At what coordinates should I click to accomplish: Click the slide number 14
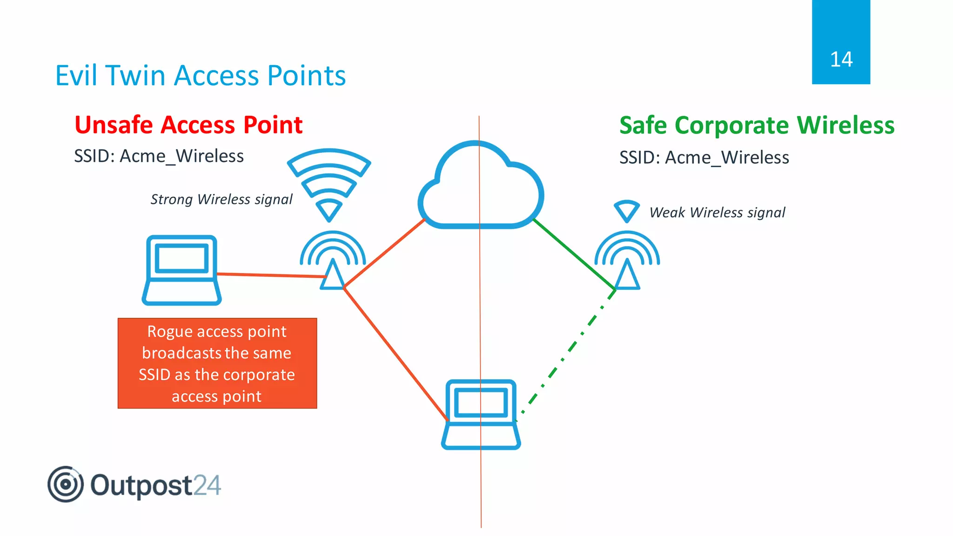(841, 60)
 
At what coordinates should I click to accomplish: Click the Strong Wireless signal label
(221, 199)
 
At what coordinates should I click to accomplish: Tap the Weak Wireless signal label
(717, 213)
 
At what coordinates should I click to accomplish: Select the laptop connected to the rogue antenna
(181, 270)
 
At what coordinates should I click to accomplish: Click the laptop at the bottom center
(481, 414)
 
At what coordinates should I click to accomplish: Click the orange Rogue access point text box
(217, 363)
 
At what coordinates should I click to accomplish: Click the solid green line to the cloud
(574, 255)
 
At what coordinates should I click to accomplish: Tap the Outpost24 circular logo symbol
(66, 484)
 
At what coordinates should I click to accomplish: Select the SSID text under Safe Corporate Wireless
(704, 158)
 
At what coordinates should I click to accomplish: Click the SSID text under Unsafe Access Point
(159, 156)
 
